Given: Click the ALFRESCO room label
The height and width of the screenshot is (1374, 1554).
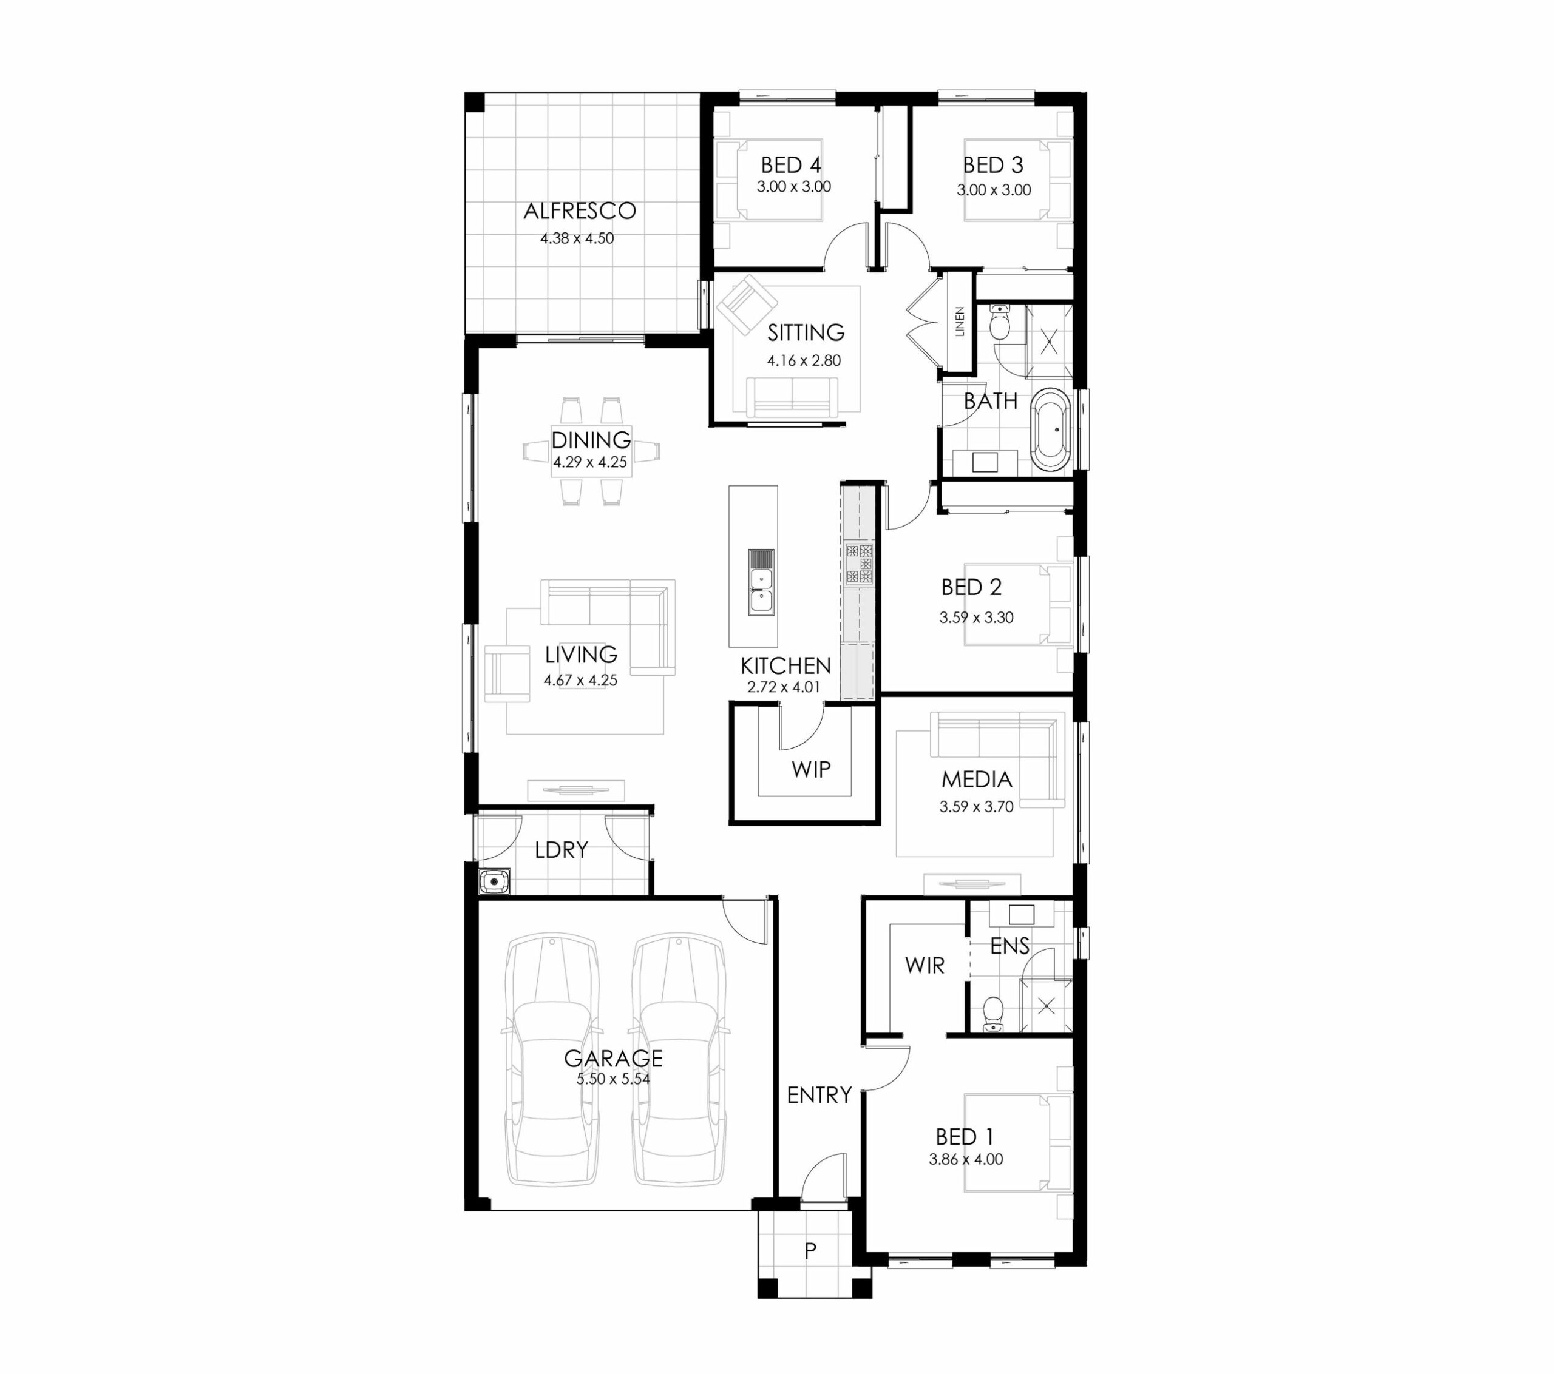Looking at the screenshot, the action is click(x=579, y=210).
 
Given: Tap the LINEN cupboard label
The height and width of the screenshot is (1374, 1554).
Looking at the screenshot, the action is click(x=960, y=322).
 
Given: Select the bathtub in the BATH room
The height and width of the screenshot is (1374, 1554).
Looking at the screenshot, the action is click(x=1051, y=429).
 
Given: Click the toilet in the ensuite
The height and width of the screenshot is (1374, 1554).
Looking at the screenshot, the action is click(x=993, y=1014).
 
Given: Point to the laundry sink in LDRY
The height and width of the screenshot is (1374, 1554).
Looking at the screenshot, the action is click(x=494, y=881).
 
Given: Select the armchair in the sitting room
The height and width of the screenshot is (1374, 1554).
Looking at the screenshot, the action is click(x=747, y=304).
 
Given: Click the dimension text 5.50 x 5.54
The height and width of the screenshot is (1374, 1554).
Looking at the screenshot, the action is click(x=612, y=1079).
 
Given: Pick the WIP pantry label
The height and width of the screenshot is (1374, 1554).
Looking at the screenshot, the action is click(x=810, y=769).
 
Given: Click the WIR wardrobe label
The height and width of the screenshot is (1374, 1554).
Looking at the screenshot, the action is click(x=925, y=965).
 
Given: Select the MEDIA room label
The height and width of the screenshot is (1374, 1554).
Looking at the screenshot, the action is click(x=976, y=779).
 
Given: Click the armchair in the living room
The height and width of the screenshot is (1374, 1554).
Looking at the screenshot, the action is click(x=507, y=673).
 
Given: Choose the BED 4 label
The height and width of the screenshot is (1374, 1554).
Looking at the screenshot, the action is click(x=791, y=165).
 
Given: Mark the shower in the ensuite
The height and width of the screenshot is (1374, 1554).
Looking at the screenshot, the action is click(x=1046, y=1007).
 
